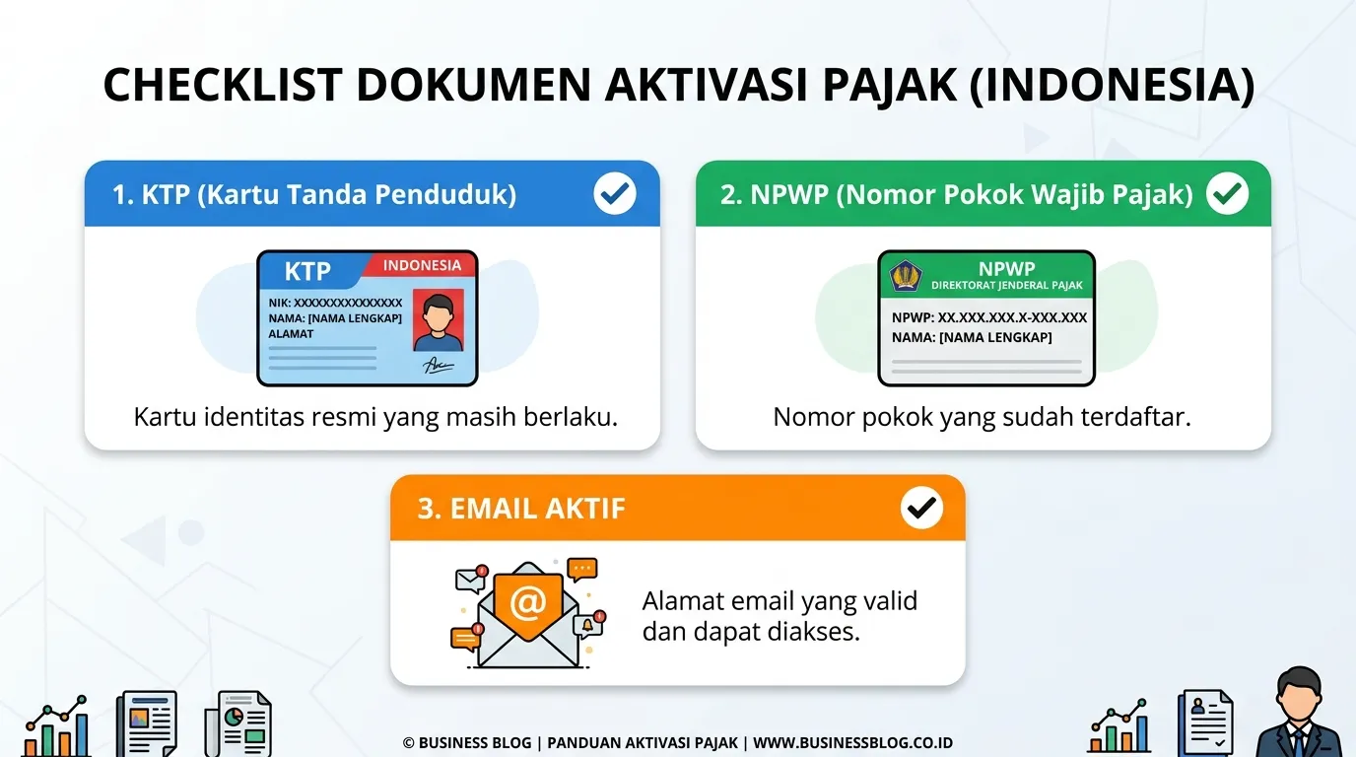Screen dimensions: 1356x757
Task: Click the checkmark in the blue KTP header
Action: point(615,194)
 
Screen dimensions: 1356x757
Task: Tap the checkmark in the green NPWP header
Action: point(1227,194)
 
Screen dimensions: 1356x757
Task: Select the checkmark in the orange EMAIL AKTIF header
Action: point(921,508)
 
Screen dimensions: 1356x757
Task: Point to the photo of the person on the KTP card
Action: point(439,320)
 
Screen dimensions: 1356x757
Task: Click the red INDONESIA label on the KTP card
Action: point(422,265)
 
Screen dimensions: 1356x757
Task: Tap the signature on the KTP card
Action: point(438,365)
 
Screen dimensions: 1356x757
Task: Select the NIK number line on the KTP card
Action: point(335,303)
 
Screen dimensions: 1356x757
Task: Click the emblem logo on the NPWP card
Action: point(905,276)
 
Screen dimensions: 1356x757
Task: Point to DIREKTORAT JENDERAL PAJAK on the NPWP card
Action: point(1007,285)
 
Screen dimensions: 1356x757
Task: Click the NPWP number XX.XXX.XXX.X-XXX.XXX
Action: point(1012,318)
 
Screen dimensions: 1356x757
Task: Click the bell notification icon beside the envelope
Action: point(587,626)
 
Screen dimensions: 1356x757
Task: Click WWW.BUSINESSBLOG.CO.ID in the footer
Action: point(853,743)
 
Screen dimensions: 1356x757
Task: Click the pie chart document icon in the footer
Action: point(237,723)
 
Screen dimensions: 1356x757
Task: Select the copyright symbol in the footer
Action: point(409,743)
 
